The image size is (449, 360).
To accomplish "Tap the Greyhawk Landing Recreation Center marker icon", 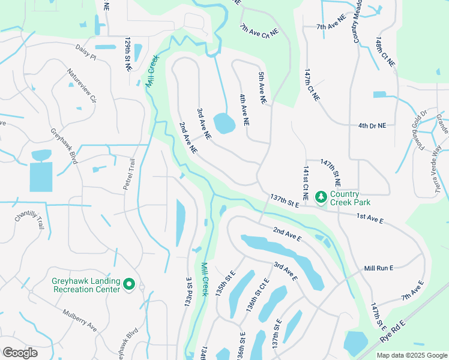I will point(128,284).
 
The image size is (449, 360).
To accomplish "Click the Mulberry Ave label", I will point(80,320).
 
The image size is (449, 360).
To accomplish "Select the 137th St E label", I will point(285,200).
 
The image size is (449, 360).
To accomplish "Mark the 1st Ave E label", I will point(369,218).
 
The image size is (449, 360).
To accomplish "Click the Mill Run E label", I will point(378,268).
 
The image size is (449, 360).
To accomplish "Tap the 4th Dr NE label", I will point(372,125).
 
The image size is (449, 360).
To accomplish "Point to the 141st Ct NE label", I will point(306,184).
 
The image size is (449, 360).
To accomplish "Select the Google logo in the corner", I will point(20,353).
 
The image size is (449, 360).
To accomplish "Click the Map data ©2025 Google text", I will point(412,355).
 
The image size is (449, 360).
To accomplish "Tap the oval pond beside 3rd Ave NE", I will point(224,123).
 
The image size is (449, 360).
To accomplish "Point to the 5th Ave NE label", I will point(262,89).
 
